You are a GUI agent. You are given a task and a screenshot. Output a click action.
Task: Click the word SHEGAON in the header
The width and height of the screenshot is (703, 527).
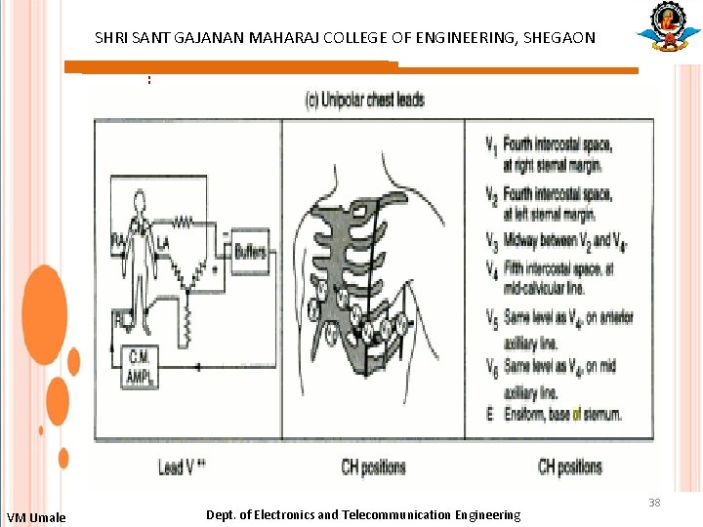click(x=559, y=38)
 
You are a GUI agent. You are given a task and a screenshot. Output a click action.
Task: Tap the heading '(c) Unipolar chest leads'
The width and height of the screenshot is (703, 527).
click(x=365, y=100)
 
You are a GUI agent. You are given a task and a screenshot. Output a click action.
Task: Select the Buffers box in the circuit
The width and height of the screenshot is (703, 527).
click(x=250, y=252)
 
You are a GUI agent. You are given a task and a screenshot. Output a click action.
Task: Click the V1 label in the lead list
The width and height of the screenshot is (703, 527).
click(x=489, y=147)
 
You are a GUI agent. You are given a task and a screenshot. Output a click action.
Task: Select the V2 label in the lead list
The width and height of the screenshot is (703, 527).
click(x=489, y=194)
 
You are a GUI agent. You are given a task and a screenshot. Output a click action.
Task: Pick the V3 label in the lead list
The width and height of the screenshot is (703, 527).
click(x=489, y=240)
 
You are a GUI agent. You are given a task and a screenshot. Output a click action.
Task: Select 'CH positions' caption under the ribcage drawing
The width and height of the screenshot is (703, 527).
click(x=374, y=466)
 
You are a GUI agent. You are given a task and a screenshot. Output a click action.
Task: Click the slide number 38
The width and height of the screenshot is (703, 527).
click(x=654, y=503)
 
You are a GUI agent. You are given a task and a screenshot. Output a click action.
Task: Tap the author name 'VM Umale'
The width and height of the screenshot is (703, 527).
click(x=36, y=517)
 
